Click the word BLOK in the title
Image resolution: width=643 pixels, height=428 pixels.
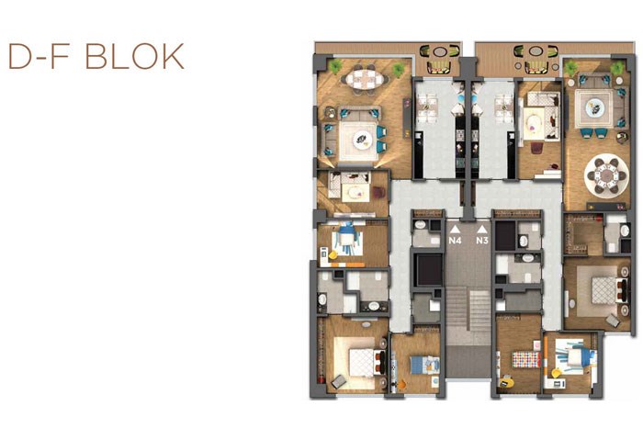[x=134, y=56]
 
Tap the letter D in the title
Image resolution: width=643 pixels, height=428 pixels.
[x=20, y=56]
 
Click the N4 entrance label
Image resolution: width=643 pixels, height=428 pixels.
[x=455, y=241]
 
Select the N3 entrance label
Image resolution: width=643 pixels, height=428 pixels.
[x=482, y=241]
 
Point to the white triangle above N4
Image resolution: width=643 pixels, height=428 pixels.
[x=455, y=230]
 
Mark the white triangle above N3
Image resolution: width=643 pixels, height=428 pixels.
[x=482, y=230]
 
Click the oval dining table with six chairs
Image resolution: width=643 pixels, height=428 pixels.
[x=365, y=79]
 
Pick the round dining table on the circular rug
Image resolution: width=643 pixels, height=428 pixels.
[x=606, y=176]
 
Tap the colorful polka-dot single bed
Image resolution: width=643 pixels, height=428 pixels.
[x=526, y=359]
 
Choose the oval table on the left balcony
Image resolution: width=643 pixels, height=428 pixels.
[x=440, y=51]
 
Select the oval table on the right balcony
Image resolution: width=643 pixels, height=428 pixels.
[x=536, y=51]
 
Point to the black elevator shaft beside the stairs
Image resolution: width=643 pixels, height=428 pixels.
[x=429, y=270]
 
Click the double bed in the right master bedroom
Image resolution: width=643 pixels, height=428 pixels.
[x=608, y=290]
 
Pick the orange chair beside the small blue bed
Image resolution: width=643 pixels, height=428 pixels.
[x=401, y=385]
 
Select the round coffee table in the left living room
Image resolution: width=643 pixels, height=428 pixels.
[x=363, y=141]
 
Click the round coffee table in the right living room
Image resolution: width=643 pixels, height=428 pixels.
[x=593, y=107]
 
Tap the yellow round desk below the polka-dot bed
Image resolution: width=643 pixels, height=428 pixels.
[x=506, y=381]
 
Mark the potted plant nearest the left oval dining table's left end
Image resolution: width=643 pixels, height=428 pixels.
[x=335, y=66]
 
